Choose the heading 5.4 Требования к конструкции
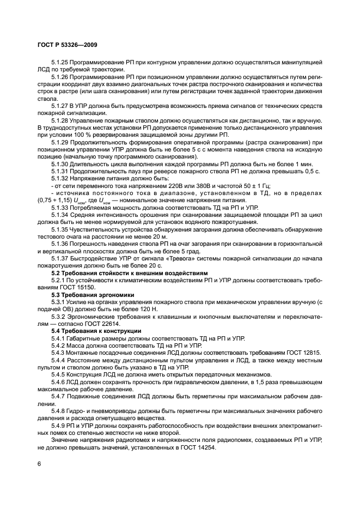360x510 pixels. (96, 331)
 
